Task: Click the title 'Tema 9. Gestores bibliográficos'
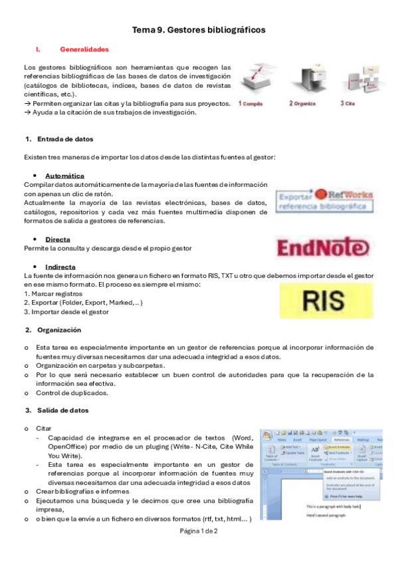[199, 30]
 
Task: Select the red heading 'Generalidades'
[84, 49]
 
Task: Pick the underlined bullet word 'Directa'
[58, 239]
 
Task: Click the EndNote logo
[322, 247]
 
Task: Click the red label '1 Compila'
[251, 104]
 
